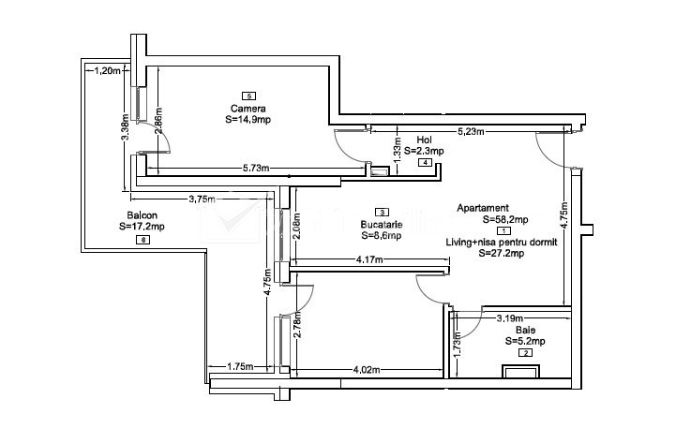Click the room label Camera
point(248,108)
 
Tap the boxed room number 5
point(248,96)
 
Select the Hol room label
point(424,140)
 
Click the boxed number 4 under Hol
point(426,163)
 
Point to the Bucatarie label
point(381,225)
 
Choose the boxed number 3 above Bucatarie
point(381,213)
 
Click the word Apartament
point(483,208)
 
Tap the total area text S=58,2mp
point(505,219)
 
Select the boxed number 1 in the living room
point(504,230)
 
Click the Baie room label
point(524,331)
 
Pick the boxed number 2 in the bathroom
point(525,352)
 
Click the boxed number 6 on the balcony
point(143,240)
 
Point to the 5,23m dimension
point(471,131)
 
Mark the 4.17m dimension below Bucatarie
point(373,259)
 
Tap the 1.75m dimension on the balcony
point(240,367)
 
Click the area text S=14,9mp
point(248,119)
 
